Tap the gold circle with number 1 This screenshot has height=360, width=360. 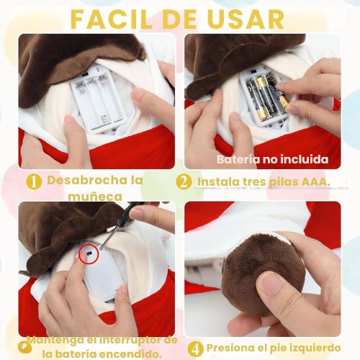tap(34, 181)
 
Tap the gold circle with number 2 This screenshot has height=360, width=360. tap(184, 181)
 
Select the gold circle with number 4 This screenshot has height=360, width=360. tap(195, 348)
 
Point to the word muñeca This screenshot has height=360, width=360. tap(95, 197)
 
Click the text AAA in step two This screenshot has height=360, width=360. tap(315, 182)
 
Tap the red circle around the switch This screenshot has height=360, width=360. tap(89, 253)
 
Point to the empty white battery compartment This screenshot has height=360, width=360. tap(99, 99)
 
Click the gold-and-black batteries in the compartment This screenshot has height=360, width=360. tap(266, 99)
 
